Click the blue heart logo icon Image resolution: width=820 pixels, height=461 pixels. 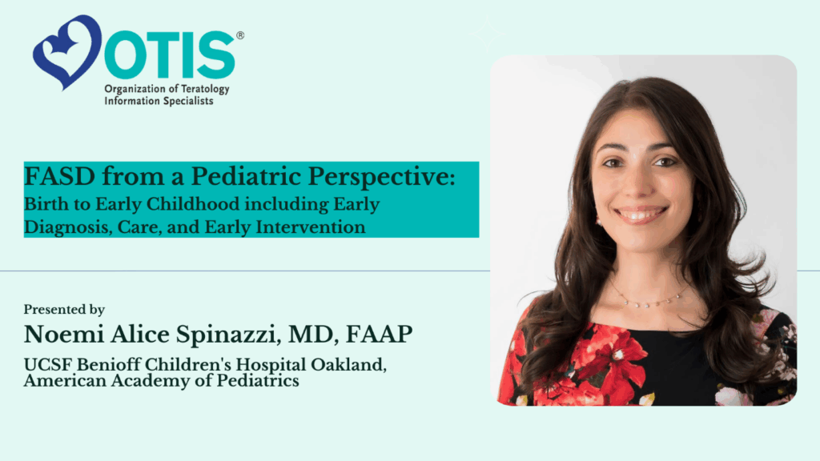point(67,51)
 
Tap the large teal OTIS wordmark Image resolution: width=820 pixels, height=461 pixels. point(170,55)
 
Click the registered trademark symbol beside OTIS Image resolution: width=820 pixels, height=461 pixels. point(240,35)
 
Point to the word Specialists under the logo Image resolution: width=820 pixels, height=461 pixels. point(187,101)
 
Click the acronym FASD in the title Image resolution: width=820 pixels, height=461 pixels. point(59,177)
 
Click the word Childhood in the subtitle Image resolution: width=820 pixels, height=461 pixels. point(192,204)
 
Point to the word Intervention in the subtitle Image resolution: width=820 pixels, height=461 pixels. point(310,227)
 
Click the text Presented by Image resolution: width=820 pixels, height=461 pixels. point(64,310)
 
